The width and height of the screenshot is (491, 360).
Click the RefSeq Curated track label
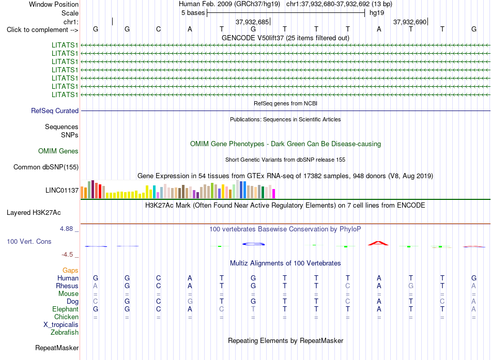55,111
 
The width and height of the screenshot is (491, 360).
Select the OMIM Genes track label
58,151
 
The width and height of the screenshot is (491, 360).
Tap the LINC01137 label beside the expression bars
62,191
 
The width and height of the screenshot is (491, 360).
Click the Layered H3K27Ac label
34,213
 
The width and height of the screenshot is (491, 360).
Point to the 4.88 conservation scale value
66,229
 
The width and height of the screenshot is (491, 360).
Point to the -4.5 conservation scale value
67,255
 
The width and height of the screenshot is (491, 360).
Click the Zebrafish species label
65,333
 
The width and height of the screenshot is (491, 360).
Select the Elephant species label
66,309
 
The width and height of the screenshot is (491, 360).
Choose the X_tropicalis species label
61,325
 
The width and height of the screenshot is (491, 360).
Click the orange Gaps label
70,271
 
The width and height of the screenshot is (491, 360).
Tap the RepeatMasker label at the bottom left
57,348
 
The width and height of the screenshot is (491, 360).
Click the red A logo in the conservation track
378,243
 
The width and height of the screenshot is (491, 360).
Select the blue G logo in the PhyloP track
253,244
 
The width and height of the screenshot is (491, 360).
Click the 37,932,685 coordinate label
252,22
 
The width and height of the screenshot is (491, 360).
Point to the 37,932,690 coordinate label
410,22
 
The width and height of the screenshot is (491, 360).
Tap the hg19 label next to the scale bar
377,13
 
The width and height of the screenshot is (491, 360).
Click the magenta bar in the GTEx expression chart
274,194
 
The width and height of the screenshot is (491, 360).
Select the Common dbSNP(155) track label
46,167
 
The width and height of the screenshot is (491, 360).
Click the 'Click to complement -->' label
42,30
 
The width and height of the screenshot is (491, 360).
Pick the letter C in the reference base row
159,29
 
